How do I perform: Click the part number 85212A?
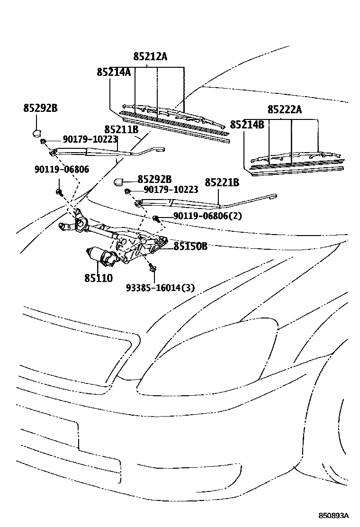coord(150,56)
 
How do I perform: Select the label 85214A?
coord(114,72)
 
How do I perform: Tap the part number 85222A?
coord(284,109)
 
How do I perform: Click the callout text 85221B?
coord(222,182)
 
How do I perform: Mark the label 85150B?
coord(190,246)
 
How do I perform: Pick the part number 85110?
coord(99,278)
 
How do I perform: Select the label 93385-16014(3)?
coord(160,288)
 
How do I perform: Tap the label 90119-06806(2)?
coord(207,216)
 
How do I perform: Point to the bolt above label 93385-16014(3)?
coord(153,268)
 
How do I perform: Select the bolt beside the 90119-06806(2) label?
coord(156,218)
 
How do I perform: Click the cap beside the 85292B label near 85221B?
coord(119,181)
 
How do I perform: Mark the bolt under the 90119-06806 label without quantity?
coord(60,191)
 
